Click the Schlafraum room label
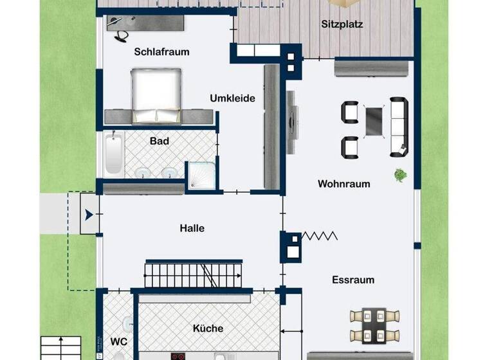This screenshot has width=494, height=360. point(161,52)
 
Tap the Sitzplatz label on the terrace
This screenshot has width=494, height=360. point(342,25)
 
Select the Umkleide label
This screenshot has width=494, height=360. point(232,98)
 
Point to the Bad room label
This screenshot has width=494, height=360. point(159,141)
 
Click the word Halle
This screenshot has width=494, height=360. point(192,228)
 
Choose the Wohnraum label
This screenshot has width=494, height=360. point(343,184)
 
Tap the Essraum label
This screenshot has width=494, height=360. point(353,280)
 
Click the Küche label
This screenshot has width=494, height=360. point(208,328)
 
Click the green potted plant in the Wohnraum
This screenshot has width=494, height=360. point(400,174)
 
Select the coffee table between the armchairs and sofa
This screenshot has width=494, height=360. point(374,122)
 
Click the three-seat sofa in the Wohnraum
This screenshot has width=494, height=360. point(398,127)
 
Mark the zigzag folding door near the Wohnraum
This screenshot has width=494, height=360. point(320,236)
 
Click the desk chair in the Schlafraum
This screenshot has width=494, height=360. point(120,36)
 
